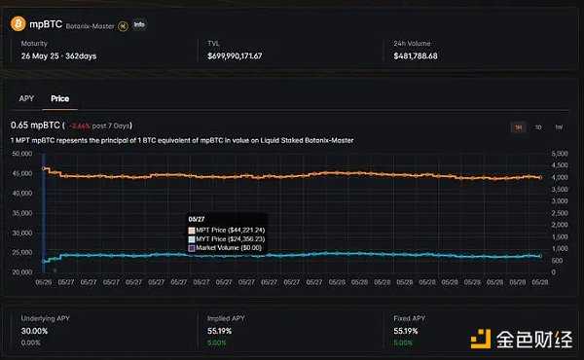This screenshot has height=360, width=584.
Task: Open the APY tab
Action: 26,98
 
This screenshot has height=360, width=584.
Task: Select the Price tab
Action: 59,98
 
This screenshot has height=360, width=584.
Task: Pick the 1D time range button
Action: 538,127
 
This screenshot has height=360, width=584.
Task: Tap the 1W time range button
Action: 558,127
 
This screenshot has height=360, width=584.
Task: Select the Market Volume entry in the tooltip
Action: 235,247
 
